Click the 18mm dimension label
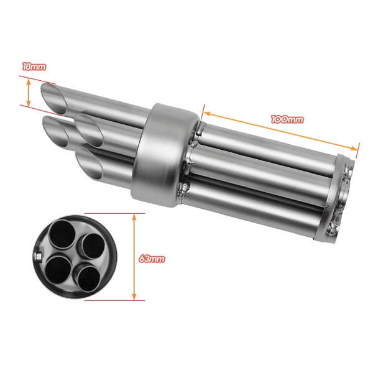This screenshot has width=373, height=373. pyautogui.click(x=34, y=67)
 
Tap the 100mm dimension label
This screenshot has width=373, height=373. pyautogui.click(x=287, y=119)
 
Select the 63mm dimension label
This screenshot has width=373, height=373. pyautogui.click(x=152, y=259)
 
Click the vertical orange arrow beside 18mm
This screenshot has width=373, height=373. pyautogui.click(x=29, y=93)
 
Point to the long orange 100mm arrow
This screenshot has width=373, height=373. pyautogui.click(x=281, y=131)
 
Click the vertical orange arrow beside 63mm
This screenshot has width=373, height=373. pyautogui.click(x=134, y=257)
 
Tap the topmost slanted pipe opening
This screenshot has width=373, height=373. pyautogui.click(x=54, y=98)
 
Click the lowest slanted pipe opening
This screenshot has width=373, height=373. pyautogui.click(x=89, y=163)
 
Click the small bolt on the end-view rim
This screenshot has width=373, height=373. pyautogui.click(x=38, y=256)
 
